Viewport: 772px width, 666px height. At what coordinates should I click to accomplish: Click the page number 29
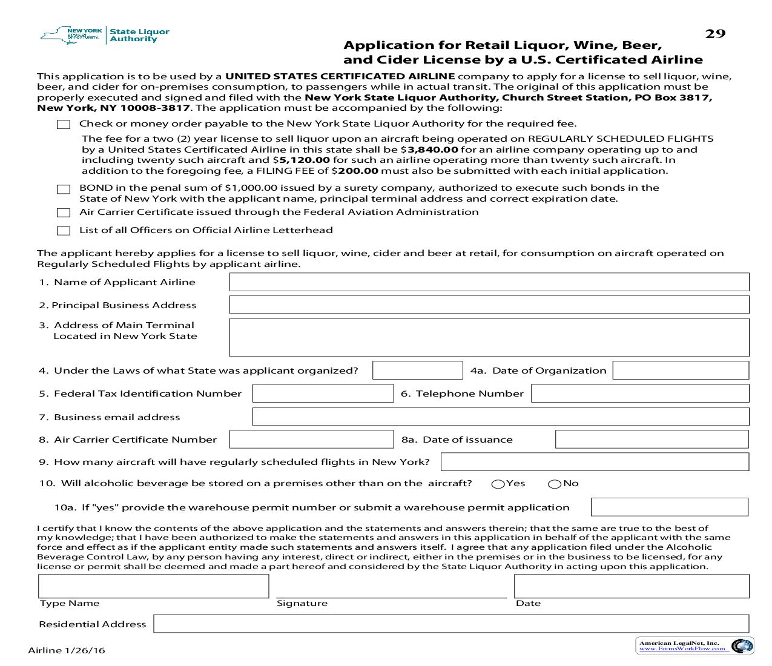pos(714,34)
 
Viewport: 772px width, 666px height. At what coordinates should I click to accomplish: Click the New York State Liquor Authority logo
pos(105,35)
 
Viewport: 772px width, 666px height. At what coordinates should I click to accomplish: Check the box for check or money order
pos(64,125)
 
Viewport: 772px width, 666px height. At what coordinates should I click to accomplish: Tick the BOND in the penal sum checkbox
pos(64,190)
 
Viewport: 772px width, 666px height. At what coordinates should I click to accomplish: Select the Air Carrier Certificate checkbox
pos(64,213)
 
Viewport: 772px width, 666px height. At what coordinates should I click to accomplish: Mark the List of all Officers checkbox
pos(64,231)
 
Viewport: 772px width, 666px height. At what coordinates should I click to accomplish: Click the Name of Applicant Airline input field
pos(489,282)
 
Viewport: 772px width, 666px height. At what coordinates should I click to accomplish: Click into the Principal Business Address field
pos(489,305)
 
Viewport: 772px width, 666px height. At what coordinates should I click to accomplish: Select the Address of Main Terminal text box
pos(489,337)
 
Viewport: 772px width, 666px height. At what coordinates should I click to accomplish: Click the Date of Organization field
pos(681,371)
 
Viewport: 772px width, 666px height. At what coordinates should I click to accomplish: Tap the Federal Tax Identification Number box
pos(323,394)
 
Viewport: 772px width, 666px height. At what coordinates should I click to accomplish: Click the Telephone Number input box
pos(639,394)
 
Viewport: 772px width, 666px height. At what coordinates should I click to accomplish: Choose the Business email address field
pos(500,417)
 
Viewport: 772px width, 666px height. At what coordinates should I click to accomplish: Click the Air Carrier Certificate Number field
pos(311,440)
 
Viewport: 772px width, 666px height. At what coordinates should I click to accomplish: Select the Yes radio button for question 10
pos(498,484)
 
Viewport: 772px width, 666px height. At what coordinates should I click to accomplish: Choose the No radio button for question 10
pos(554,484)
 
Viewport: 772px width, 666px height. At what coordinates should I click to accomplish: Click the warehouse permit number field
pos(669,507)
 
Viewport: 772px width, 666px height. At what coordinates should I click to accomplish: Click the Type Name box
pos(153,586)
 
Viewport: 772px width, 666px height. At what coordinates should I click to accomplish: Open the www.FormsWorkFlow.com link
pos(682,648)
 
